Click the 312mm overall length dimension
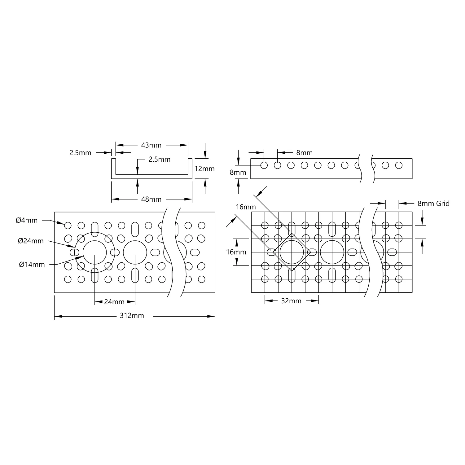[x=132, y=316]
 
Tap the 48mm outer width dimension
[x=151, y=199]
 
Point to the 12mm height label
[x=204, y=169]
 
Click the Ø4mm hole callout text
[x=27, y=220]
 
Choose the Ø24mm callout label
[x=31, y=241]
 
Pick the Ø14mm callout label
[x=32, y=264]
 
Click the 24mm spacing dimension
[x=114, y=302]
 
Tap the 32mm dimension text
[x=291, y=301]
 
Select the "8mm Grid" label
[x=433, y=204]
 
